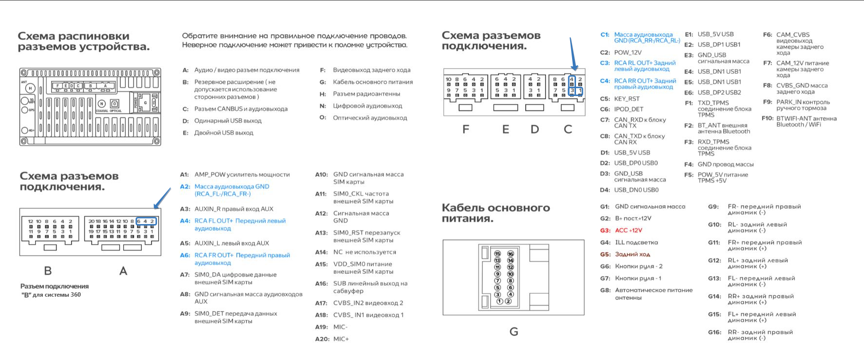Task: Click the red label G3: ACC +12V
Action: [628, 230]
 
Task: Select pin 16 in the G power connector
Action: [510, 254]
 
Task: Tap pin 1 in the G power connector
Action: [499, 301]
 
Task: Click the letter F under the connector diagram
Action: [466, 130]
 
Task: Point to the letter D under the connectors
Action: [535, 130]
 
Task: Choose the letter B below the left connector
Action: [48, 271]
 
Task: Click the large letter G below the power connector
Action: [514, 332]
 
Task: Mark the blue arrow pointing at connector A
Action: [163, 199]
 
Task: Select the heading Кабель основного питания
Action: [496, 213]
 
